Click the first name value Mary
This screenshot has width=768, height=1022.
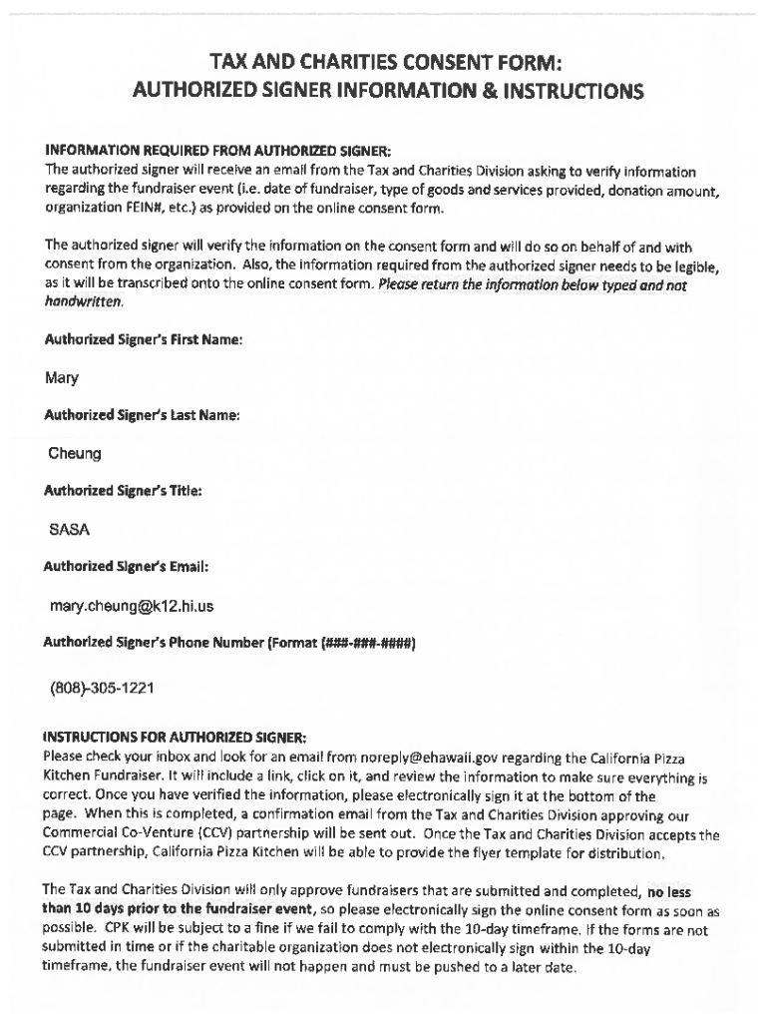click(62, 378)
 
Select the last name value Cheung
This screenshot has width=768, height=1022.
click(75, 454)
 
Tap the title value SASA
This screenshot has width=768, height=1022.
click(70, 529)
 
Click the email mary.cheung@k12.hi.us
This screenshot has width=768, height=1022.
click(132, 606)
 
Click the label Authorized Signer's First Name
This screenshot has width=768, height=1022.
click(144, 340)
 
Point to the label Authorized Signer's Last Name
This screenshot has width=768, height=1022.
click(142, 415)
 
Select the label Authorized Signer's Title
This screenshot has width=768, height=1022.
click(123, 491)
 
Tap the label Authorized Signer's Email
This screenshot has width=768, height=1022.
click(126, 567)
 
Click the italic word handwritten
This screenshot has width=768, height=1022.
click(84, 302)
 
